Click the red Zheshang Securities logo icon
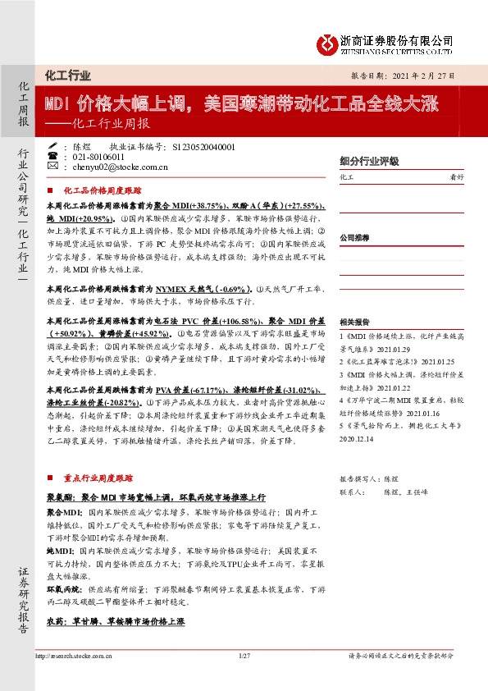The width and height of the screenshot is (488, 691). click(x=326, y=43)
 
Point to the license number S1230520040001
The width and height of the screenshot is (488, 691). click(x=204, y=146)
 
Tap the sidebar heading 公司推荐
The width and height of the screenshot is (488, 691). click(x=353, y=236)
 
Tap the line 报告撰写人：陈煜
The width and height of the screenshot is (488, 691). click(x=368, y=478)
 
